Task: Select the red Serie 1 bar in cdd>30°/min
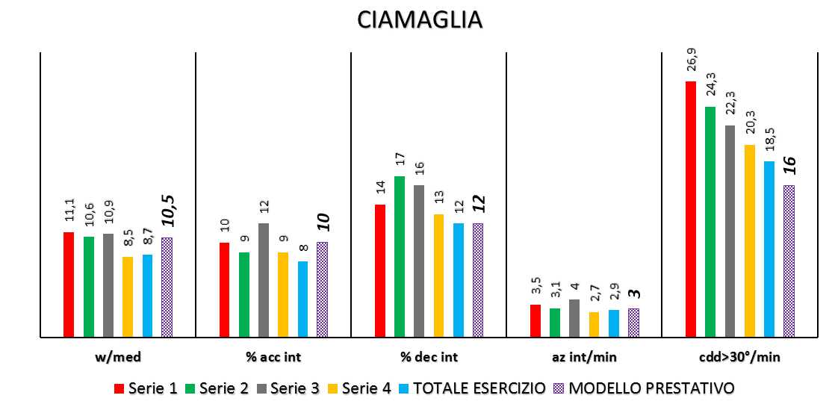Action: [x=690, y=209]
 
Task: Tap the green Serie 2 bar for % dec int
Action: [x=400, y=256]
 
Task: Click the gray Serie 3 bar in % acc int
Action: [x=264, y=280]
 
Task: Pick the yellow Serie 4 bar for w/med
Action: [x=128, y=296]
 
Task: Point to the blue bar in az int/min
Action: [x=614, y=323]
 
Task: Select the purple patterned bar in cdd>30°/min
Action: [x=789, y=261]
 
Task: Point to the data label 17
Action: [x=400, y=160]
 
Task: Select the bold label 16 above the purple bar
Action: [x=789, y=165]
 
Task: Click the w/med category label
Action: [x=118, y=357]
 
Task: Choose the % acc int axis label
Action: [x=273, y=357]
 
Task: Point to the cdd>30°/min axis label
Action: [x=740, y=357]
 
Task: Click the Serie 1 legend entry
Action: [x=146, y=388]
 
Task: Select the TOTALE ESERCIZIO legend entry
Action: [x=478, y=388]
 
